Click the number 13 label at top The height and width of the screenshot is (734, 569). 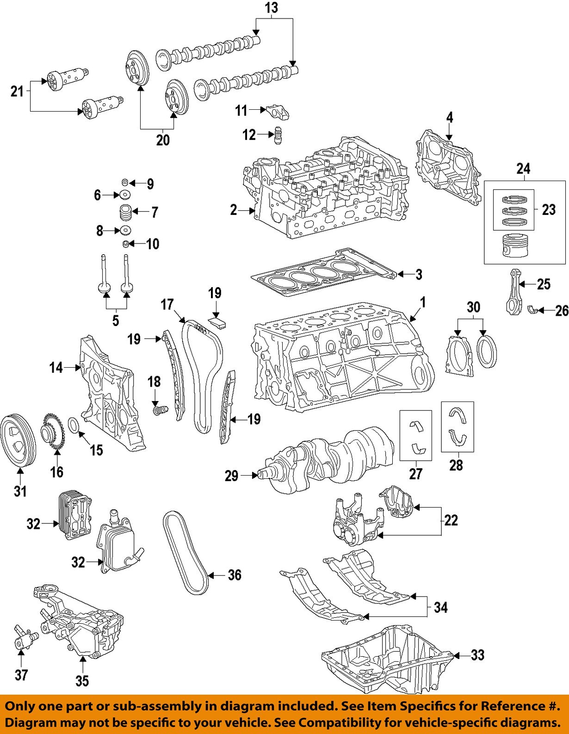point(272,8)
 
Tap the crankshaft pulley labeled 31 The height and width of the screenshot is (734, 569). point(18,442)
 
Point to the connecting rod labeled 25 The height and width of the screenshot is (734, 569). point(513,292)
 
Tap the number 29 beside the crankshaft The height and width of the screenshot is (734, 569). point(231,476)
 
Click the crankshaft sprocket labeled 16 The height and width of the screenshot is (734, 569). point(54,433)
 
